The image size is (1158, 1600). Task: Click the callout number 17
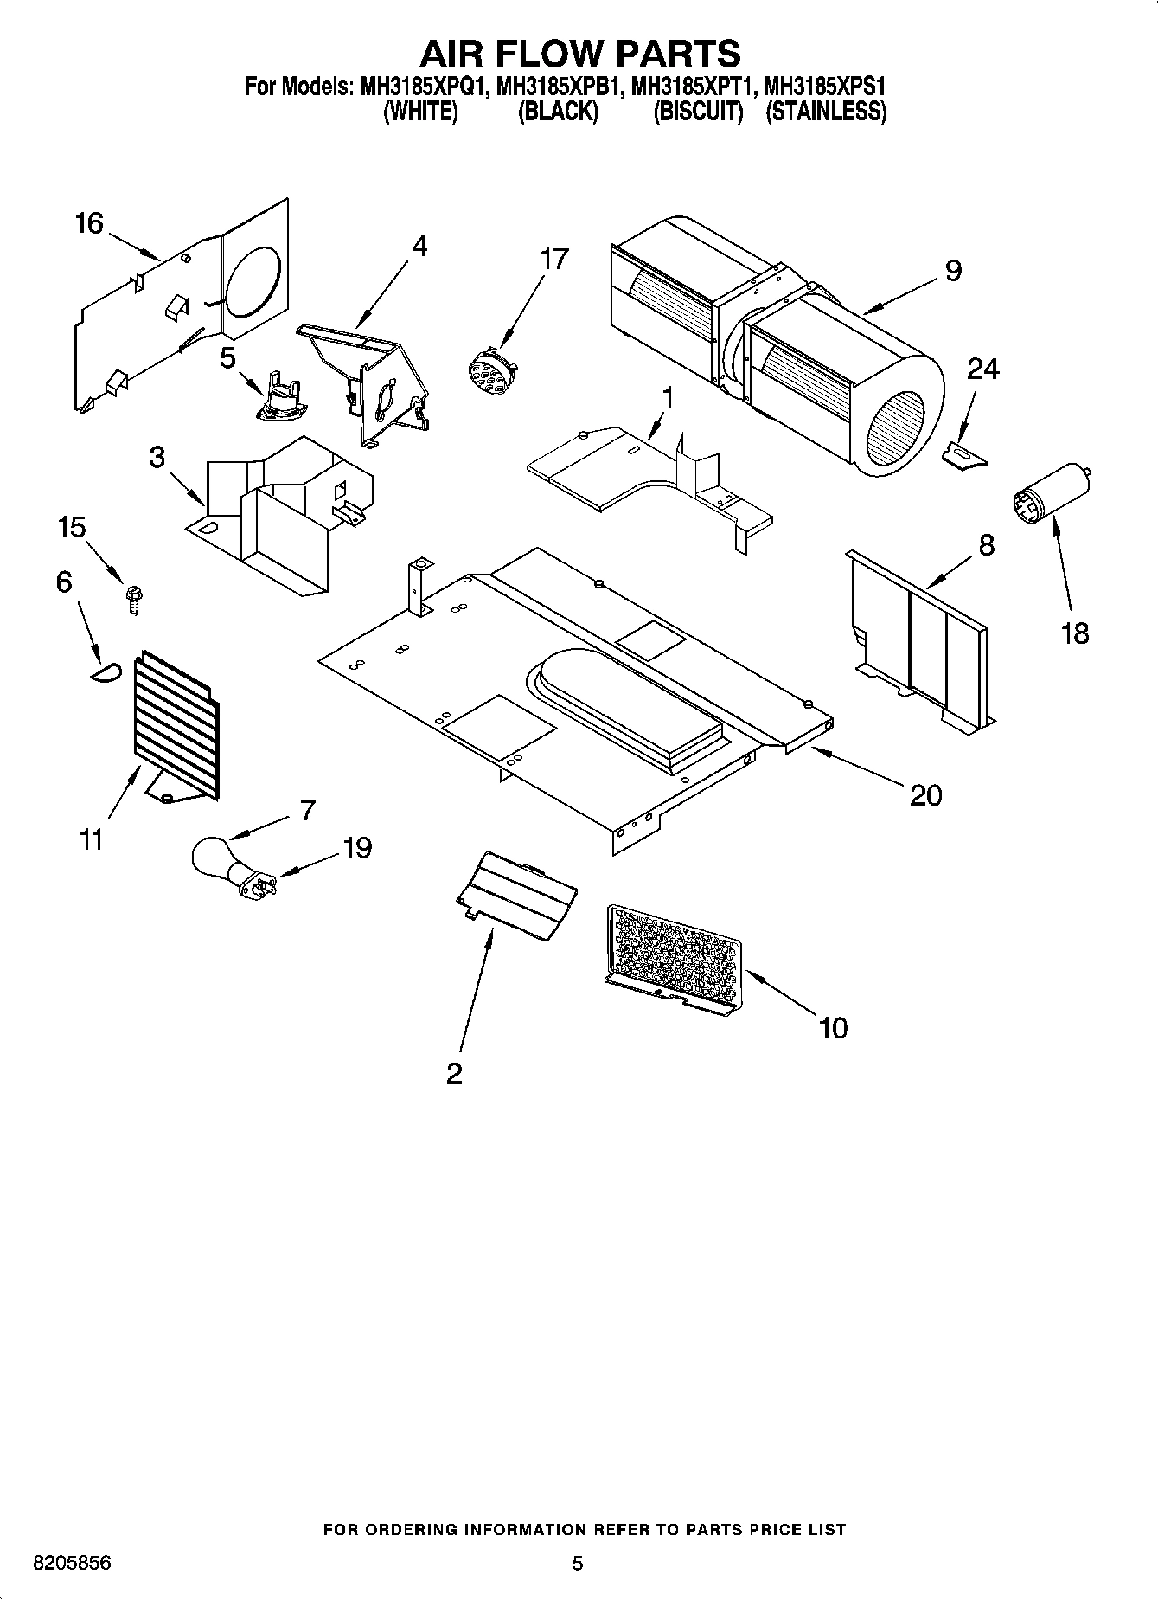coord(553,259)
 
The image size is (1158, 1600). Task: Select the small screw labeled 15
coord(134,597)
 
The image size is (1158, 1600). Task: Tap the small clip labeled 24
coord(965,455)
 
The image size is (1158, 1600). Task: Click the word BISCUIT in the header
coord(698,112)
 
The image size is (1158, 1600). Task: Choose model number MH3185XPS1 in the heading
coord(826,87)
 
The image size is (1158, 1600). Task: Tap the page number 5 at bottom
coord(578,1563)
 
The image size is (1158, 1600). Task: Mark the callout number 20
coord(925,794)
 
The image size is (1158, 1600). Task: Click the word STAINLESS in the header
coord(826,112)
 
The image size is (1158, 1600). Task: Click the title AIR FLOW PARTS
coord(579,54)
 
